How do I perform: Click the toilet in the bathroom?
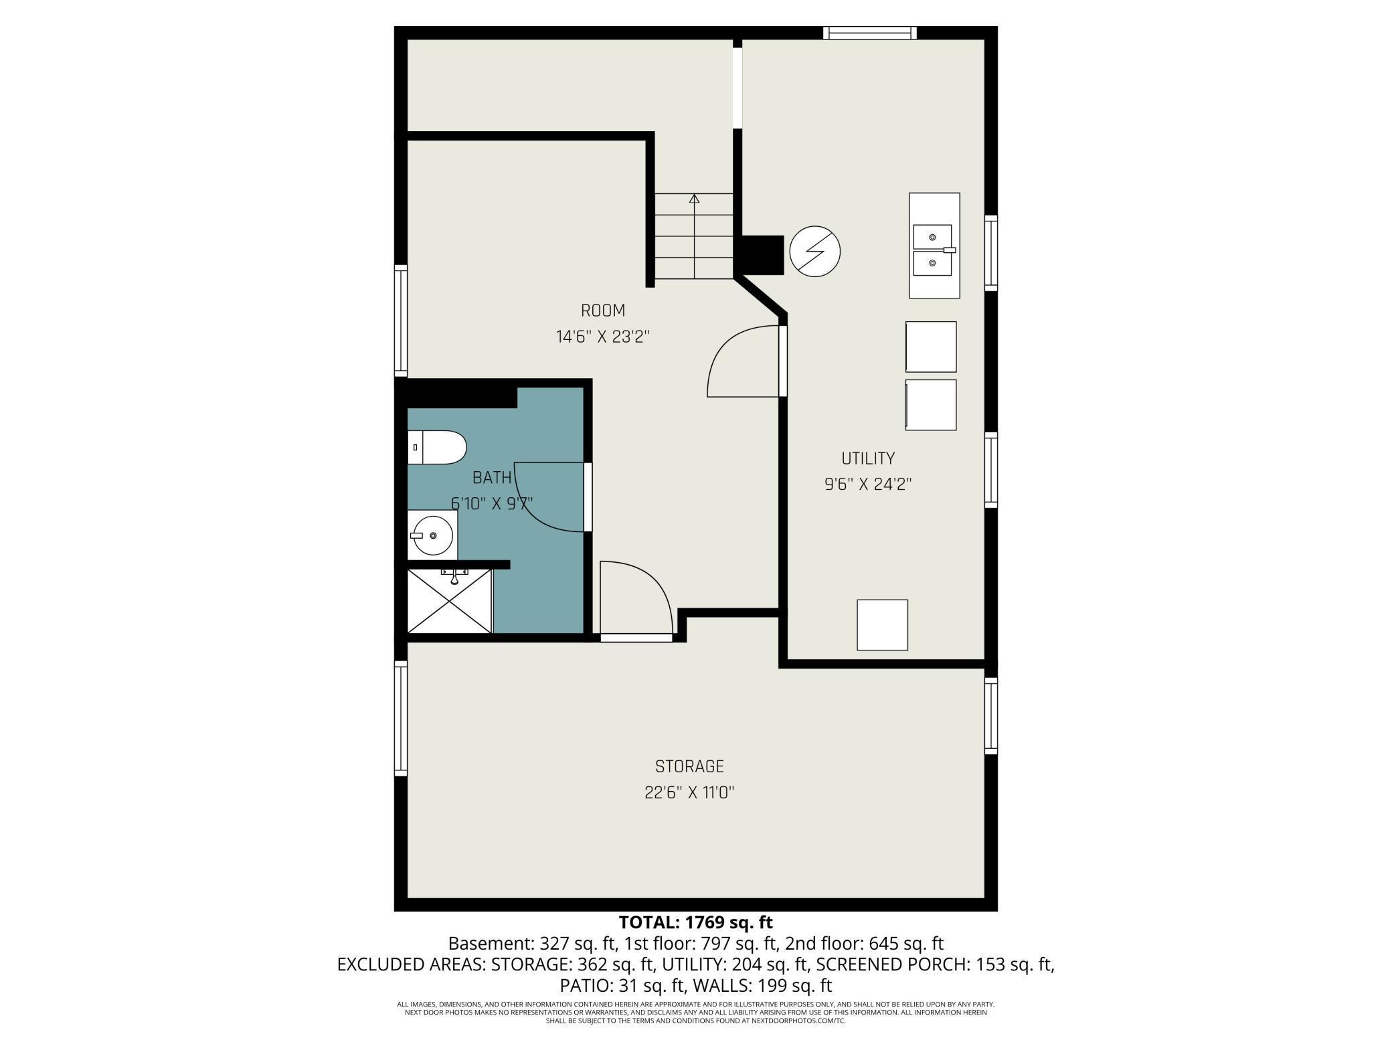click(436, 447)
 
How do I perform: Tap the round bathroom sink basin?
click(432, 535)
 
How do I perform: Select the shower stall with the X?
click(450, 600)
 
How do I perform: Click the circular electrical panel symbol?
click(814, 252)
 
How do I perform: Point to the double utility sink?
click(934, 250)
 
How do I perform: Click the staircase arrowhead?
click(694, 199)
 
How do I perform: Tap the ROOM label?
click(602, 311)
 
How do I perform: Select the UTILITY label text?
click(867, 458)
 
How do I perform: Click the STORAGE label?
click(689, 766)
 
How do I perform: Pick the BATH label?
click(492, 478)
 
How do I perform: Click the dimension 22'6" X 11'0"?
click(689, 792)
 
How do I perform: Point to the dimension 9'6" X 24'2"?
click(868, 484)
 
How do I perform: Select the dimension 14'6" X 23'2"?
click(602, 337)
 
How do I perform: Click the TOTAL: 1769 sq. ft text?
click(695, 922)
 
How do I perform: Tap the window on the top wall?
click(869, 33)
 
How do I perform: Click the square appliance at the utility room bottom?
click(882, 624)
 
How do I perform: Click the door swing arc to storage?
click(642, 589)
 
